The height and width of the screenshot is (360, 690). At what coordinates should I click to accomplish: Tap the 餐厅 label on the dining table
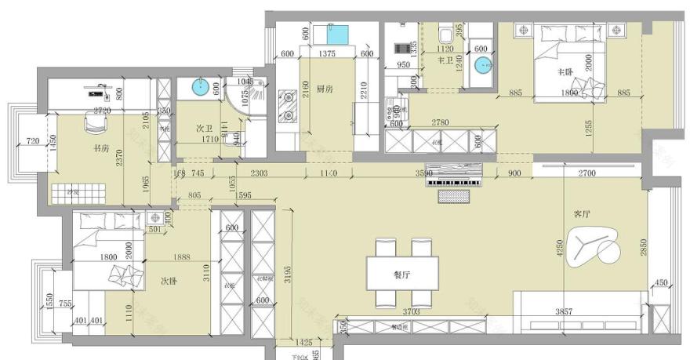pos(402,275)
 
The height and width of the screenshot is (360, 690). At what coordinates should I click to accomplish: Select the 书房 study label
pos(100,147)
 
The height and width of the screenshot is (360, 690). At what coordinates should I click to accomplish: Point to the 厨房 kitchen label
pos(325,89)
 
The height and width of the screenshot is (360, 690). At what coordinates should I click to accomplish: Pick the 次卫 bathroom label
pos(205,128)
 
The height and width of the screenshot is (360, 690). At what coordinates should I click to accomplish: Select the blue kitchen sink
pos(338,35)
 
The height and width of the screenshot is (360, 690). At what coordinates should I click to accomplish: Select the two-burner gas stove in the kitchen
pos(287,107)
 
